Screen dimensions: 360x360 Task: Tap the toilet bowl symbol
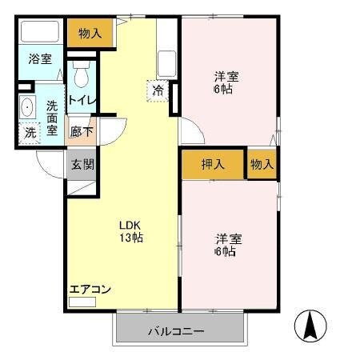[x=81, y=75]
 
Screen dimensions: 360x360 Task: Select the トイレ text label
[x=81, y=101]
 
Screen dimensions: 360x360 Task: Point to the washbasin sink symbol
[x=27, y=106]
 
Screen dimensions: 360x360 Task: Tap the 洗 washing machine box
[x=28, y=133]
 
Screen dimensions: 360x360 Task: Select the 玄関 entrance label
[x=81, y=165]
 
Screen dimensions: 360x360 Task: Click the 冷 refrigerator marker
[x=159, y=89]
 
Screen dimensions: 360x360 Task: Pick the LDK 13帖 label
[x=130, y=231]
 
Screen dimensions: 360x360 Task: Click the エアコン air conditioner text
[x=89, y=290]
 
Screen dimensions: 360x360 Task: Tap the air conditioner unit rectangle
[x=82, y=302]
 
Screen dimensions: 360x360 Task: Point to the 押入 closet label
[x=213, y=164]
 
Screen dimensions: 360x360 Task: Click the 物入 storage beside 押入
[x=262, y=164]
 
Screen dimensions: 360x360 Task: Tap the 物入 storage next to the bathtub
[x=90, y=33]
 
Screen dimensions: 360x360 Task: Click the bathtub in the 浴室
[x=40, y=33]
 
